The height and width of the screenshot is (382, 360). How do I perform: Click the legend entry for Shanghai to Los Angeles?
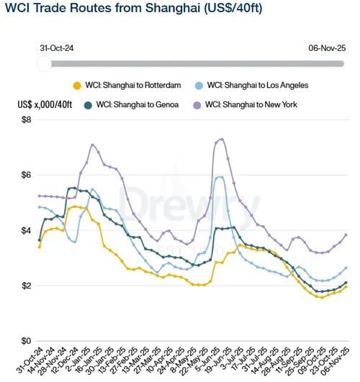click(x=256, y=85)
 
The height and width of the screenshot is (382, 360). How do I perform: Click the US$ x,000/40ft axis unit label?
click(x=45, y=104)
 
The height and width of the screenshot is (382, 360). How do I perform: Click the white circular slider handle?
click(x=44, y=63)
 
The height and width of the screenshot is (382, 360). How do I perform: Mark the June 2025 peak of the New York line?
click(x=222, y=139)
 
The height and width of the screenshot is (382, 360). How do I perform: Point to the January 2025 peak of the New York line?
click(x=93, y=145)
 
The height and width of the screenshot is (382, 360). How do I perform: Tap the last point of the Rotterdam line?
click(x=346, y=286)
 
